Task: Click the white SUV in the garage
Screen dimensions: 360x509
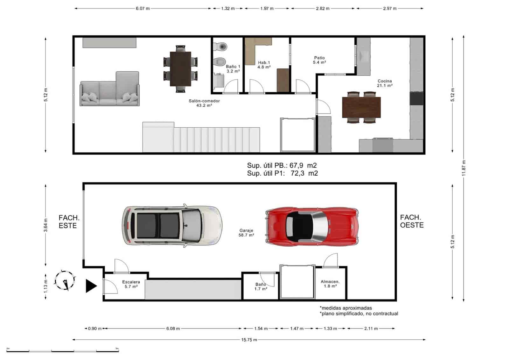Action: pyautogui.click(x=172, y=225)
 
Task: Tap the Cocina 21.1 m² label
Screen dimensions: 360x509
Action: pyautogui.click(x=385, y=83)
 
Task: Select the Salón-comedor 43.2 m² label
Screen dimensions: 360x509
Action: pyautogui.click(x=204, y=103)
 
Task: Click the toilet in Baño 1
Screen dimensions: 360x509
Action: pyautogui.click(x=220, y=47)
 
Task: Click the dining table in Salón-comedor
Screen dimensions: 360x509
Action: pyautogui.click(x=180, y=69)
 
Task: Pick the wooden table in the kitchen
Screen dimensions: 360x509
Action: pyautogui.click(x=361, y=107)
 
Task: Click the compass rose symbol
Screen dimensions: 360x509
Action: pyautogui.click(x=65, y=280)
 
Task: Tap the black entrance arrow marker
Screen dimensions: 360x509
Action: pyautogui.click(x=91, y=286)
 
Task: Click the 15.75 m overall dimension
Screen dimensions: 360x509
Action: pyautogui.click(x=249, y=340)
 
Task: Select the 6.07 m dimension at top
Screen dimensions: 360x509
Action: pyautogui.click(x=143, y=9)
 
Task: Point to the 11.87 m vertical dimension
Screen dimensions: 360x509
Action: pyautogui.click(x=464, y=168)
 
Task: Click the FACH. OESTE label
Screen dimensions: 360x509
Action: pyautogui.click(x=412, y=221)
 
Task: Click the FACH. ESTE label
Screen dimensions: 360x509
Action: pyautogui.click(x=69, y=222)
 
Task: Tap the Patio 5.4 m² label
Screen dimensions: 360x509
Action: pyautogui.click(x=319, y=60)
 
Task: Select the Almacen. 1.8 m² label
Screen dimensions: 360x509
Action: pyautogui.click(x=330, y=284)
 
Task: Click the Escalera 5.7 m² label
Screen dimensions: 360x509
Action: pyautogui.click(x=131, y=284)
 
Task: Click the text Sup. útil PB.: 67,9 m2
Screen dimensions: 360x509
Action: pyautogui.click(x=282, y=166)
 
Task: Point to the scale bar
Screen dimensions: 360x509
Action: pyautogui.click(x=62, y=351)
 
